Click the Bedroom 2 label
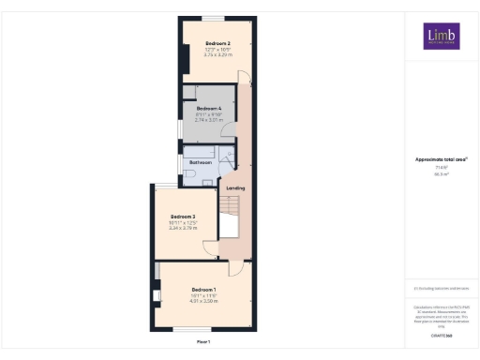(217, 43)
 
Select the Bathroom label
(201, 162)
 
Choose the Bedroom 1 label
(203, 288)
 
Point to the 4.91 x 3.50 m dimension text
(203, 300)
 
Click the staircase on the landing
(231, 219)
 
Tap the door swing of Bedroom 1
(236, 267)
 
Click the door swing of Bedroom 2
(242, 78)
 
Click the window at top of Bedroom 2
(217, 18)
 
